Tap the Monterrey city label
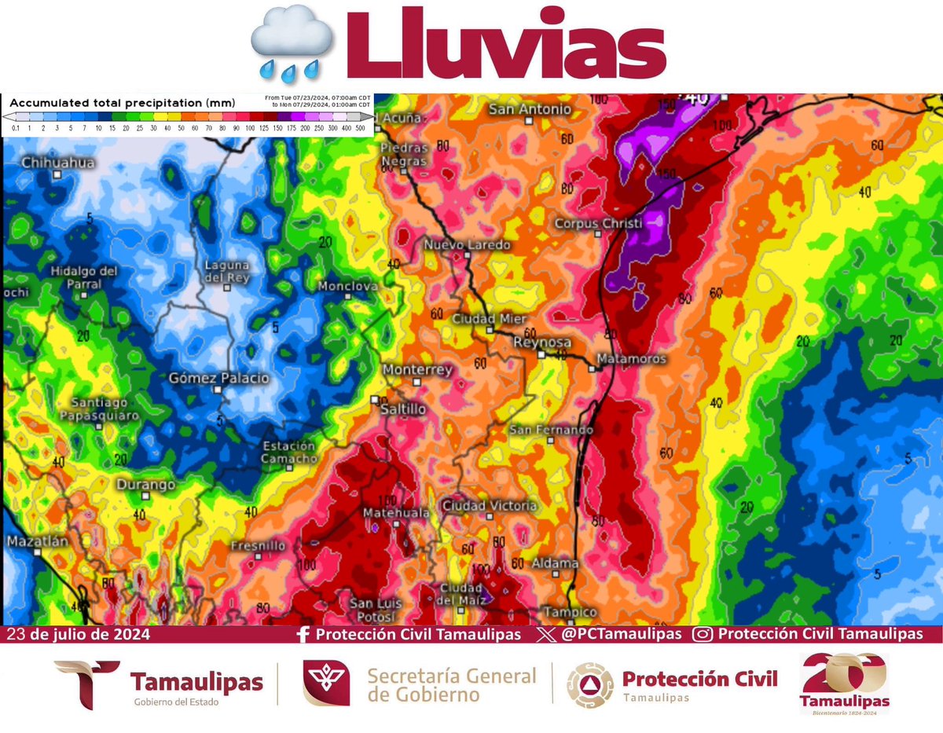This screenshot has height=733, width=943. coord(417,370)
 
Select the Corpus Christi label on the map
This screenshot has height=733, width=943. coord(598,224)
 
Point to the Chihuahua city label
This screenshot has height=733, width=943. coord(58,163)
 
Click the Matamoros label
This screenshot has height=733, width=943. coord(631,359)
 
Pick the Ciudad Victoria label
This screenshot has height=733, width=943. coord(489,506)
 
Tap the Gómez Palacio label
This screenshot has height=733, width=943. coord(218,379)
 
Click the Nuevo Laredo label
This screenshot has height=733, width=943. coord(467,245)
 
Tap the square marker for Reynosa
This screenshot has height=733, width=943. coord(541,355)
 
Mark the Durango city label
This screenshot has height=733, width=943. coord(146,485)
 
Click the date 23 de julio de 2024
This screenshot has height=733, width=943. coord(77,634)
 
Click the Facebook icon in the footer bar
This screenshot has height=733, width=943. coord(303,634)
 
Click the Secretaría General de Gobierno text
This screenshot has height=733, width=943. coord(452,684)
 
